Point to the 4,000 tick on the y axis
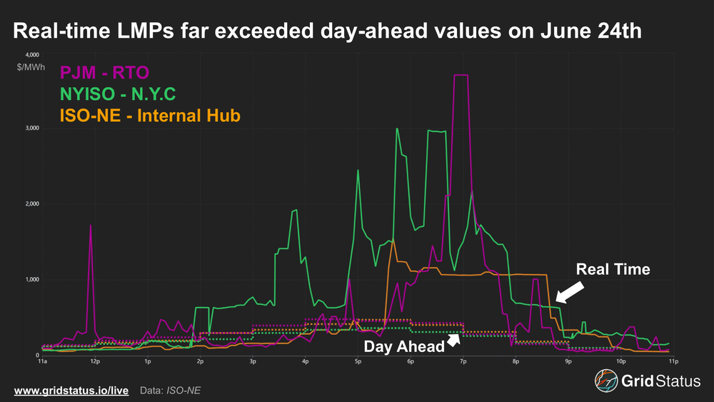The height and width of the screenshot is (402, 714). [x=32, y=54]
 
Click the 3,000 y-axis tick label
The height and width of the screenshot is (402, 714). [x=32, y=129]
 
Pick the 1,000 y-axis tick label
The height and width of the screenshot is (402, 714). [x=32, y=280]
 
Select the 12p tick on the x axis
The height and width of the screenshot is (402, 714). [x=94, y=362]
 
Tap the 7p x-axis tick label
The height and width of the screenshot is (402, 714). [x=463, y=362]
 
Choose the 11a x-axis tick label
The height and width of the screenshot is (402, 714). [x=42, y=362]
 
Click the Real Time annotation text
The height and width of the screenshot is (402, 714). [x=613, y=269]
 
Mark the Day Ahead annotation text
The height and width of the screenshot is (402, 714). [x=403, y=347]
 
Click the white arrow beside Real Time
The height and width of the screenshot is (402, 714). [x=569, y=291]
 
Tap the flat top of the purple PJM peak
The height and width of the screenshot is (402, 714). [x=461, y=75]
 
